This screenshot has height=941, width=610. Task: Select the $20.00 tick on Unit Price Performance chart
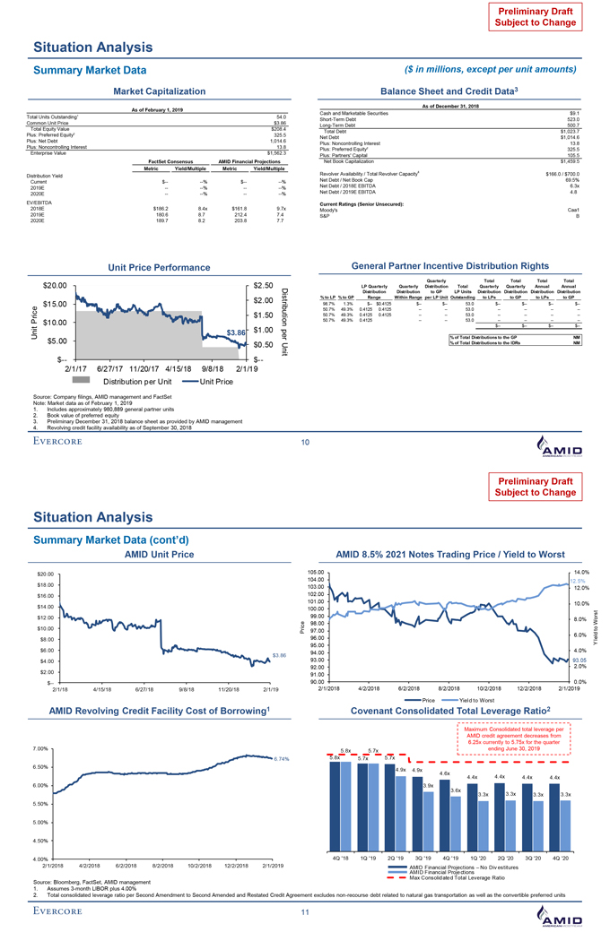pos(45,285)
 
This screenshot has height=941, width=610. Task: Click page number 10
pos(304,442)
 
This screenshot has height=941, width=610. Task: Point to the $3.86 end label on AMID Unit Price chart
pos(278,656)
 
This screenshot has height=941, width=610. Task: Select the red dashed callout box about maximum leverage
pos(508,738)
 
